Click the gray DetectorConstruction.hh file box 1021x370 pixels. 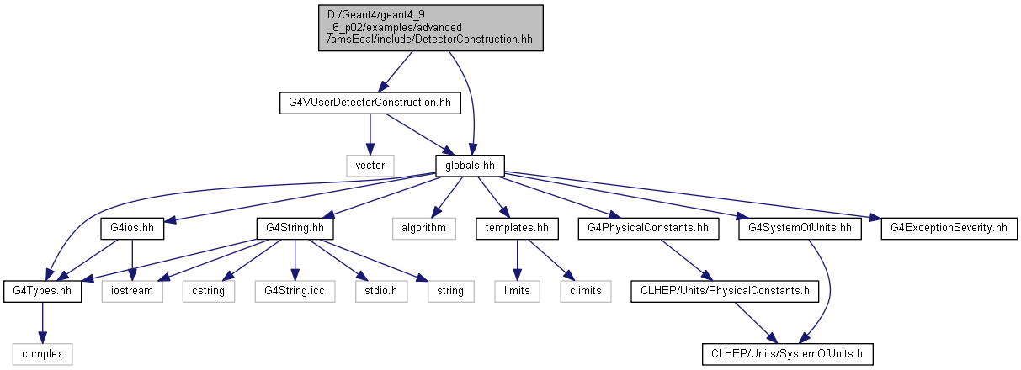[x=431, y=28]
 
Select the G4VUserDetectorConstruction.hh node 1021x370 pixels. [x=370, y=103]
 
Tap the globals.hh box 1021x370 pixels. [x=470, y=166]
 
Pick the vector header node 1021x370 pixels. [x=370, y=166]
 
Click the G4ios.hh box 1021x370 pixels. [x=132, y=229]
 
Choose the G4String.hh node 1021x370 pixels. [x=295, y=229]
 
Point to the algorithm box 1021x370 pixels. [x=424, y=229]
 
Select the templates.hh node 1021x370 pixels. [x=518, y=229]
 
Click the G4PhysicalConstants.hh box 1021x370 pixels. [x=648, y=229]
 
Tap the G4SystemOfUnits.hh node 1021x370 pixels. [x=800, y=229]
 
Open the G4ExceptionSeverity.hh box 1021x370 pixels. [x=949, y=229]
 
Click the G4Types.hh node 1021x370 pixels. [x=42, y=291]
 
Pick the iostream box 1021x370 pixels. [x=132, y=291]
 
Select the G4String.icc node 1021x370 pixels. [x=295, y=291]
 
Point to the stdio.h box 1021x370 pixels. [x=381, y=291]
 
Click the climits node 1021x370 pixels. [x=586, y=291]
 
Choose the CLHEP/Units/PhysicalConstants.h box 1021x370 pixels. [x=725, y=291]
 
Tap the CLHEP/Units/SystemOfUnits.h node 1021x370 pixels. [x=788, y=355]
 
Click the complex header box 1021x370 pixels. [x=42, y=355]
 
